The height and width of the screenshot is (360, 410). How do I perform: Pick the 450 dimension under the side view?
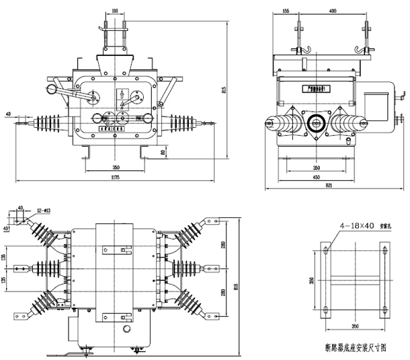pos(316,177)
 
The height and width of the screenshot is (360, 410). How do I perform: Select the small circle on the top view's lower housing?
pos(126,330)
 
